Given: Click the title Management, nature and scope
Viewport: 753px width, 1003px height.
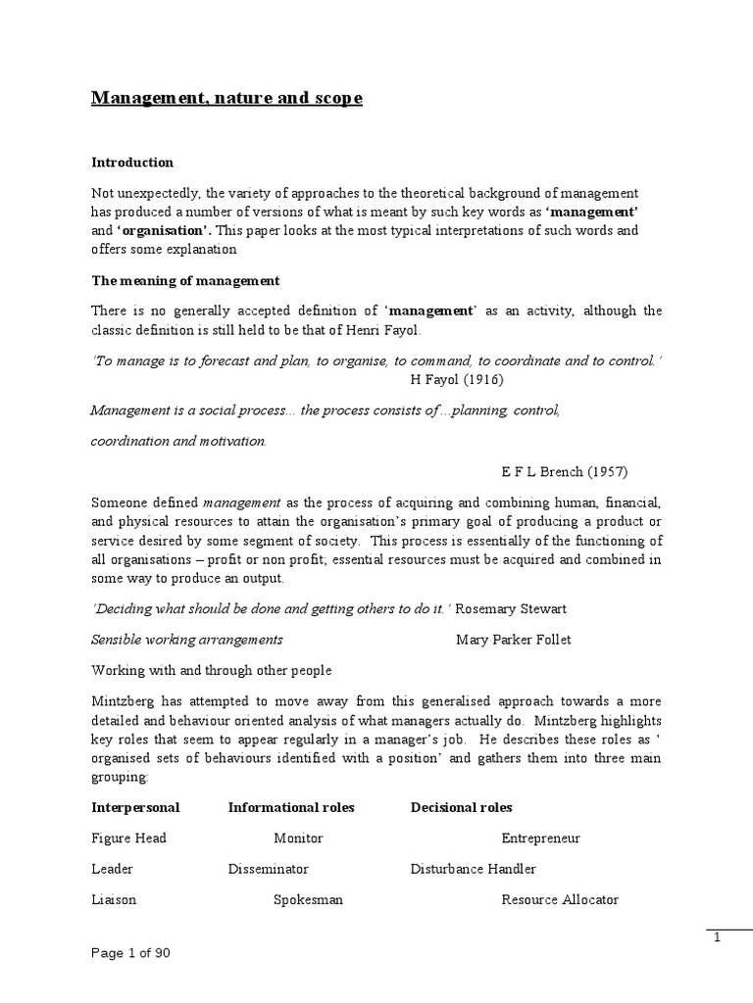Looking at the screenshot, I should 226,99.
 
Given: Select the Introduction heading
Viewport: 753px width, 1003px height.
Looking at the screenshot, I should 132,163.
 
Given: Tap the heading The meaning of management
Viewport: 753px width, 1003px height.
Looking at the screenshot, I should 185,280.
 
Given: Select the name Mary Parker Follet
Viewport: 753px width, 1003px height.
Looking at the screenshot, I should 514,640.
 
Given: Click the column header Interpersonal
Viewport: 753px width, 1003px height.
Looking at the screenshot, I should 135,807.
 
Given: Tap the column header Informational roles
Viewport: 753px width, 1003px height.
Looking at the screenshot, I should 291,807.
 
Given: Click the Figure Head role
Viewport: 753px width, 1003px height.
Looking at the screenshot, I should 128,838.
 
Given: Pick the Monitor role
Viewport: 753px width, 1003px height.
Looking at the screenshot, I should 298,838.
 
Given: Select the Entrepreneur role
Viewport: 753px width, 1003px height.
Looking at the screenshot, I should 540,838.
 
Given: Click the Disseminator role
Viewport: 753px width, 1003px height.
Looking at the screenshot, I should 268,869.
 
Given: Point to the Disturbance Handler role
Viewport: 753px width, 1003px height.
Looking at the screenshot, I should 473,869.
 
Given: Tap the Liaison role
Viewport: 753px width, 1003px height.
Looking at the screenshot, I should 114,899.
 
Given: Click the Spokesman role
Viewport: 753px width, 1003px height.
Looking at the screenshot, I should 308,899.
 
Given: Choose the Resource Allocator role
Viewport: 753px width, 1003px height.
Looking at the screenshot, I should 560,899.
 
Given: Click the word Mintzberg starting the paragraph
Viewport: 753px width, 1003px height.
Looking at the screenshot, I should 124,702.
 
